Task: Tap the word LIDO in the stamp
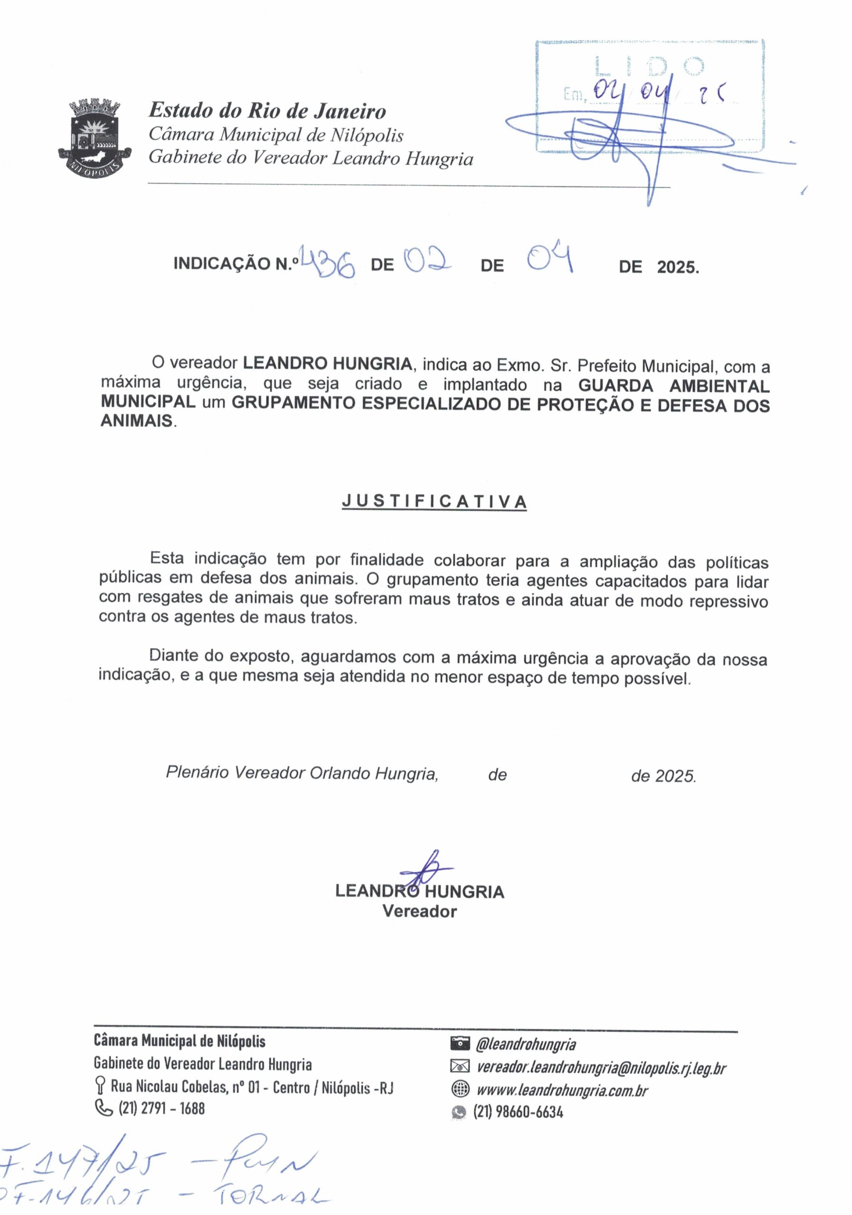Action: (x=649, y=66)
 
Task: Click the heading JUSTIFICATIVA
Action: (x=434, y=501)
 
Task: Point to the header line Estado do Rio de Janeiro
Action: (x=267, y=111)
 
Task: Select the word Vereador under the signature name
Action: (x=419, y=911)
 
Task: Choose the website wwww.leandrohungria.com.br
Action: (x=562, y=1090)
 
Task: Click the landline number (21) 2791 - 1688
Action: (x=161, y=1108)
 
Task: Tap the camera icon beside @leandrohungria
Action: (x=460, y=1044)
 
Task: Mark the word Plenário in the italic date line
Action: (x=198, y=773)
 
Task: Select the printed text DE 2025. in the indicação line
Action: (x=659, y=267)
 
